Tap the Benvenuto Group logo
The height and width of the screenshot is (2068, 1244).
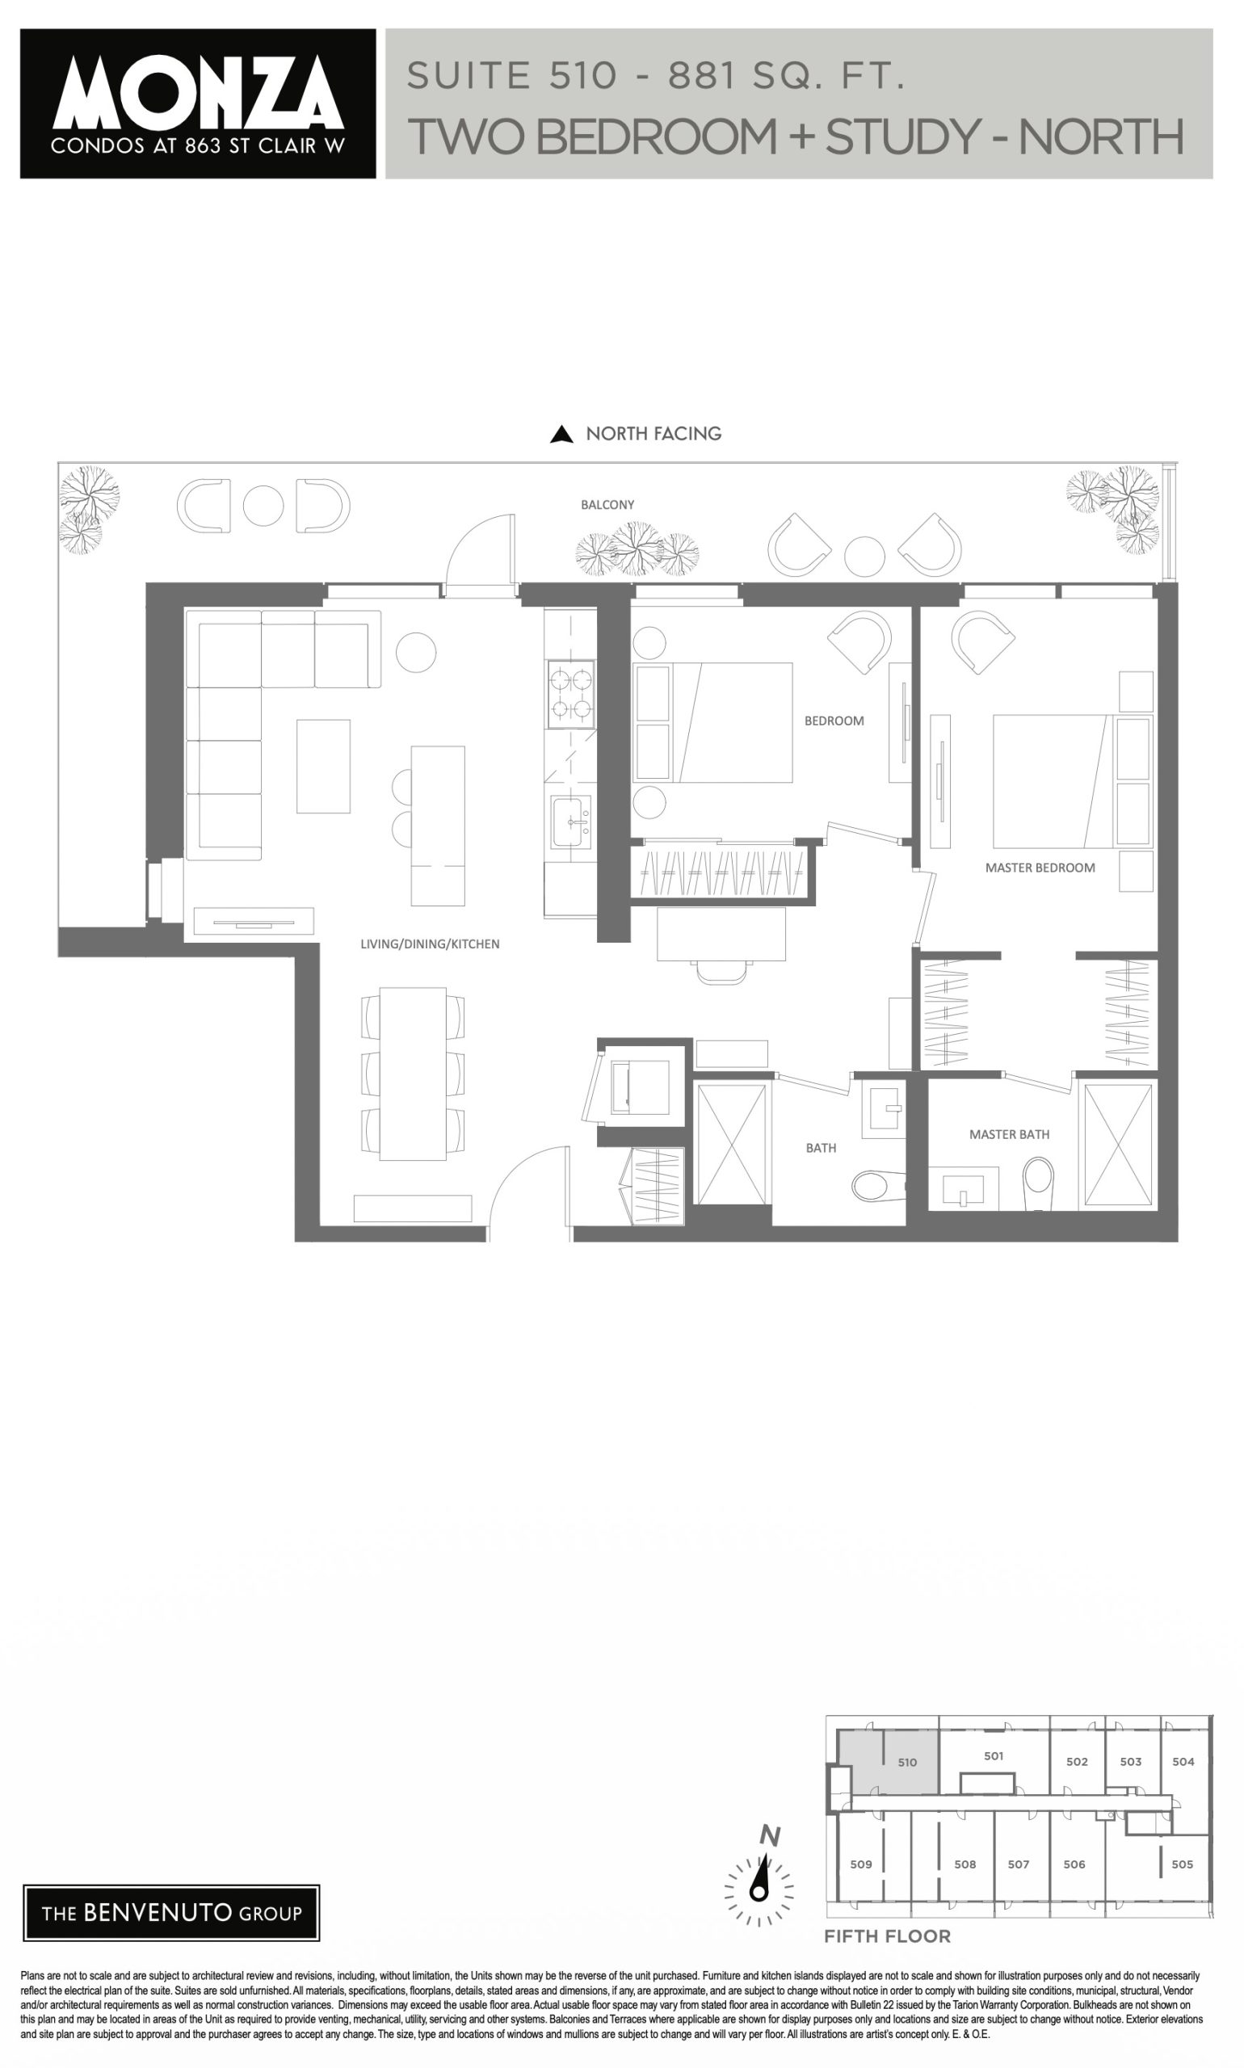click(172, 1913)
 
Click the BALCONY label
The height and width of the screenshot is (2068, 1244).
click(607, 505)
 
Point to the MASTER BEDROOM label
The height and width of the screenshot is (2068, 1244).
click(1040, 868)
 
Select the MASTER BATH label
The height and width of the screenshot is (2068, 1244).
click(1009, 1134)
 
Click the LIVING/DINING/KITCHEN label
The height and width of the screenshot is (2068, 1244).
click(429, 944)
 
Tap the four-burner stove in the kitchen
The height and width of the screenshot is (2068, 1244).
click(571, 694)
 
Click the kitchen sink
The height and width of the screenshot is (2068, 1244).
click(571, 822)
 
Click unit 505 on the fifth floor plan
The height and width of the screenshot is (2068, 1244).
click(1182, 1864)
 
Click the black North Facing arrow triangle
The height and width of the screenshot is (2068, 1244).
click(561, 435)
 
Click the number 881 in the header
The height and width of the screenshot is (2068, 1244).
click(701, 76)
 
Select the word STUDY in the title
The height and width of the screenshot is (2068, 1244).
click(903, 136)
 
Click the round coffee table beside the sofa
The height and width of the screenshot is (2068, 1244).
click(416, 651)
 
